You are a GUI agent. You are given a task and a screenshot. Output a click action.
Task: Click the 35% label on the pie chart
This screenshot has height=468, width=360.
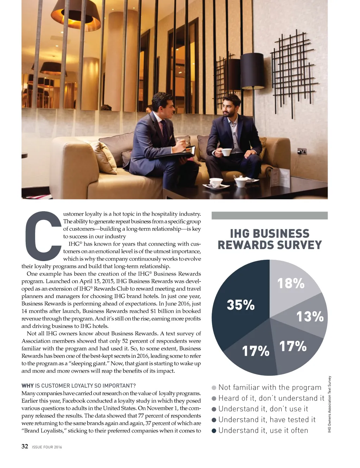[240, 305]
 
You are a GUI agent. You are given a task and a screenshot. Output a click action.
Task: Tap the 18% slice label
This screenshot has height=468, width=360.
[291, 283]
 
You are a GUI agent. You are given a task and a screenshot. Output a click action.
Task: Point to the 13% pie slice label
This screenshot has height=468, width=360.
[310, 316]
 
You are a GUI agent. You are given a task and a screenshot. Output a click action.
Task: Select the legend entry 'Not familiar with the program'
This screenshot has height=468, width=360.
[270, 387]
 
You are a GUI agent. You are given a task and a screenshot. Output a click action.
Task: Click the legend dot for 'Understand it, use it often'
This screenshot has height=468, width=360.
[214, 431]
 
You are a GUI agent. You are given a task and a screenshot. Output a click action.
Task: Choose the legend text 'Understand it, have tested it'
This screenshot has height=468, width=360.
[267, 420]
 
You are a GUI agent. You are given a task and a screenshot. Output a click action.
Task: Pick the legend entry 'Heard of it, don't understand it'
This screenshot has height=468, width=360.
[271, 398]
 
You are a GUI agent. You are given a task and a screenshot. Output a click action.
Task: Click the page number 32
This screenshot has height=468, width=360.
[25, 447]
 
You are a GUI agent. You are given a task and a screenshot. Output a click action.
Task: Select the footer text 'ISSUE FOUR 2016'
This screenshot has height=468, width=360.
[47, 447]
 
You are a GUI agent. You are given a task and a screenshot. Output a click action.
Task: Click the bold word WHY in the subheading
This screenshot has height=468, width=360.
[27, 386]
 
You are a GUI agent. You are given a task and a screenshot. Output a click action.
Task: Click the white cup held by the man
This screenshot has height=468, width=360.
[226, 152]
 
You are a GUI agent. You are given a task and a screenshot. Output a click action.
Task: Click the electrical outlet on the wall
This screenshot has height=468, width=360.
[302, 151]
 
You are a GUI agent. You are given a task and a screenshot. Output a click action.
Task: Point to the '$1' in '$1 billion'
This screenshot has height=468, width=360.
[153, 311]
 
